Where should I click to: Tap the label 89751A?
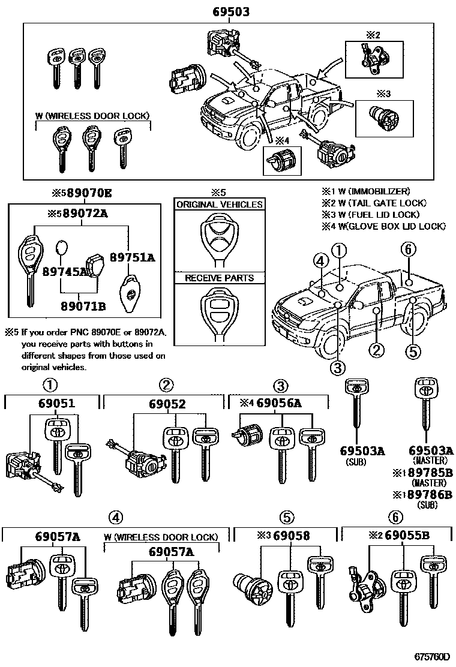[x=133, y=258]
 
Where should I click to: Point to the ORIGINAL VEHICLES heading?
[x=219, y=205]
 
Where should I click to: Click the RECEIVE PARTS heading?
[x=219, y=278]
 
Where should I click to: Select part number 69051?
[x=55, y=404]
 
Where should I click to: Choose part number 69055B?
[x=406, y=535]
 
